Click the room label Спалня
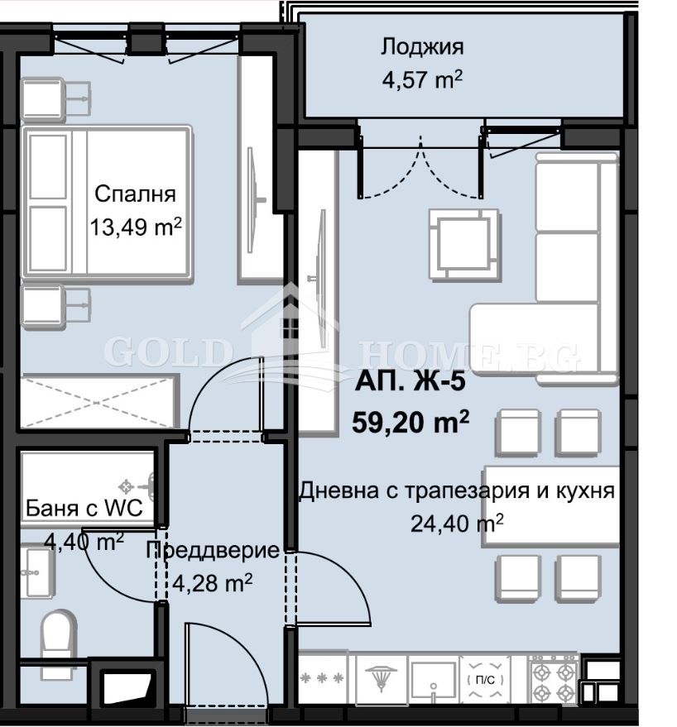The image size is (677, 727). pyautogui.click(x=135, y=194)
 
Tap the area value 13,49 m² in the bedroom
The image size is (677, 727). pyautogui.click(x=135, y=227)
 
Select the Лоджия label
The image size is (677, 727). pyautogui.click(x=422, y=46)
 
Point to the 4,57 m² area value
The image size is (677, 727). pyautogui.click(x=421, y=81)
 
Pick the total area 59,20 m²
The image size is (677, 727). pyautogui.click(x=411, y=423)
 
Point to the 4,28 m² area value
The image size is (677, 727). pyautogui.click(x=212, y=583)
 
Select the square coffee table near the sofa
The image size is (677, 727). pyautogui.click(x=463, y=244)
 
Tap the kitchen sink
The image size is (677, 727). pyautogui.click(x=432, y=681)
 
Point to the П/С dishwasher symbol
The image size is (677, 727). pyautogui.click(x=486, y=680)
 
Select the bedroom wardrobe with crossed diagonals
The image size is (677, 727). pyautogui.click(x=98, y=401)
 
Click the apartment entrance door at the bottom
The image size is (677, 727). pyautogui.click(x=225, y=670)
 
